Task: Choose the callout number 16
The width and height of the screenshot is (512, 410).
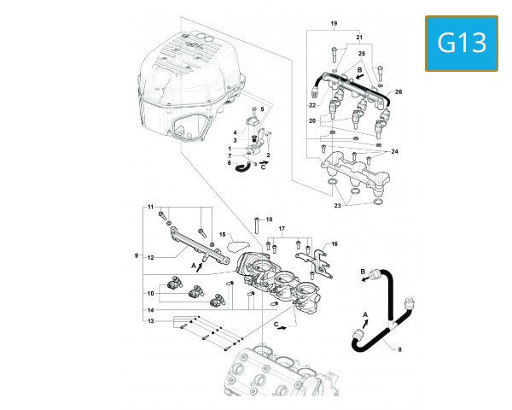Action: pos(335,243)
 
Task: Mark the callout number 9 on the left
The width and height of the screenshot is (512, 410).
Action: pos(135,255)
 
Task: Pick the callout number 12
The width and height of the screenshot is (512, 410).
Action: pos(150,256)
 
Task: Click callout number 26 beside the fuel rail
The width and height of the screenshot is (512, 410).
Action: pos(399,91)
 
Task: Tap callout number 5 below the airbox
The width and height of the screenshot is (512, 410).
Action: pos(263,110)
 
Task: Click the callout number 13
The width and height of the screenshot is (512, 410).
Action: pos(150,321)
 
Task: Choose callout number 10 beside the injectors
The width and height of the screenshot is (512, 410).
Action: pos(150,293)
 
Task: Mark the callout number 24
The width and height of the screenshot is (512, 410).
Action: pos(394,151)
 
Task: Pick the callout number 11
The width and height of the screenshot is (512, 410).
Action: pos(150,208)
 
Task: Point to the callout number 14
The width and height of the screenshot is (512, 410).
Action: pos(150,308)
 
